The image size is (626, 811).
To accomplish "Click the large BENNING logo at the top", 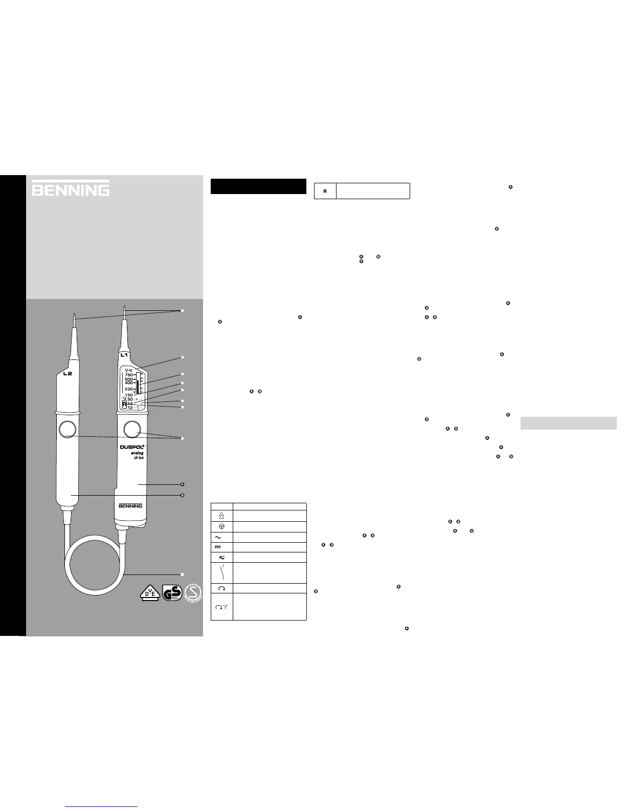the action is pos(71,188).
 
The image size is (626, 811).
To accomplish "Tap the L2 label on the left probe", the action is pos(68,374).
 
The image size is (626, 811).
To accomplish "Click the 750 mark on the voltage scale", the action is pos(128,375).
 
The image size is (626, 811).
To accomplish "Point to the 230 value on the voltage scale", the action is pos(128,389).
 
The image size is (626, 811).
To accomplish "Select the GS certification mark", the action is pos(171,593).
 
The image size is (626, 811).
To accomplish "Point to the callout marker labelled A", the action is pos(183,484).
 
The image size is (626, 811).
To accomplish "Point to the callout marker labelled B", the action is pos(183,496).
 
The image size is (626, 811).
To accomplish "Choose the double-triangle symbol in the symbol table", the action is pos(221,516).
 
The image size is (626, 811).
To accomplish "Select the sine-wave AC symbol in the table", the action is pos(221,537).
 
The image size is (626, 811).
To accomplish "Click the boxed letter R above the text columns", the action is pos(325,191).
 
